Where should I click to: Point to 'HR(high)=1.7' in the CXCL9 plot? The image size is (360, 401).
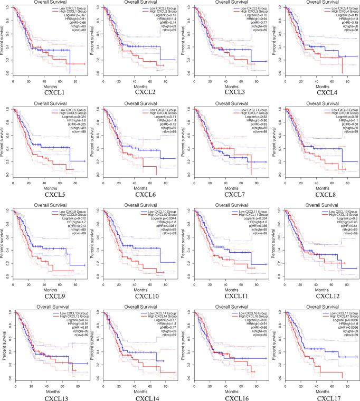pyautogui.click(x=73, y=225)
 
